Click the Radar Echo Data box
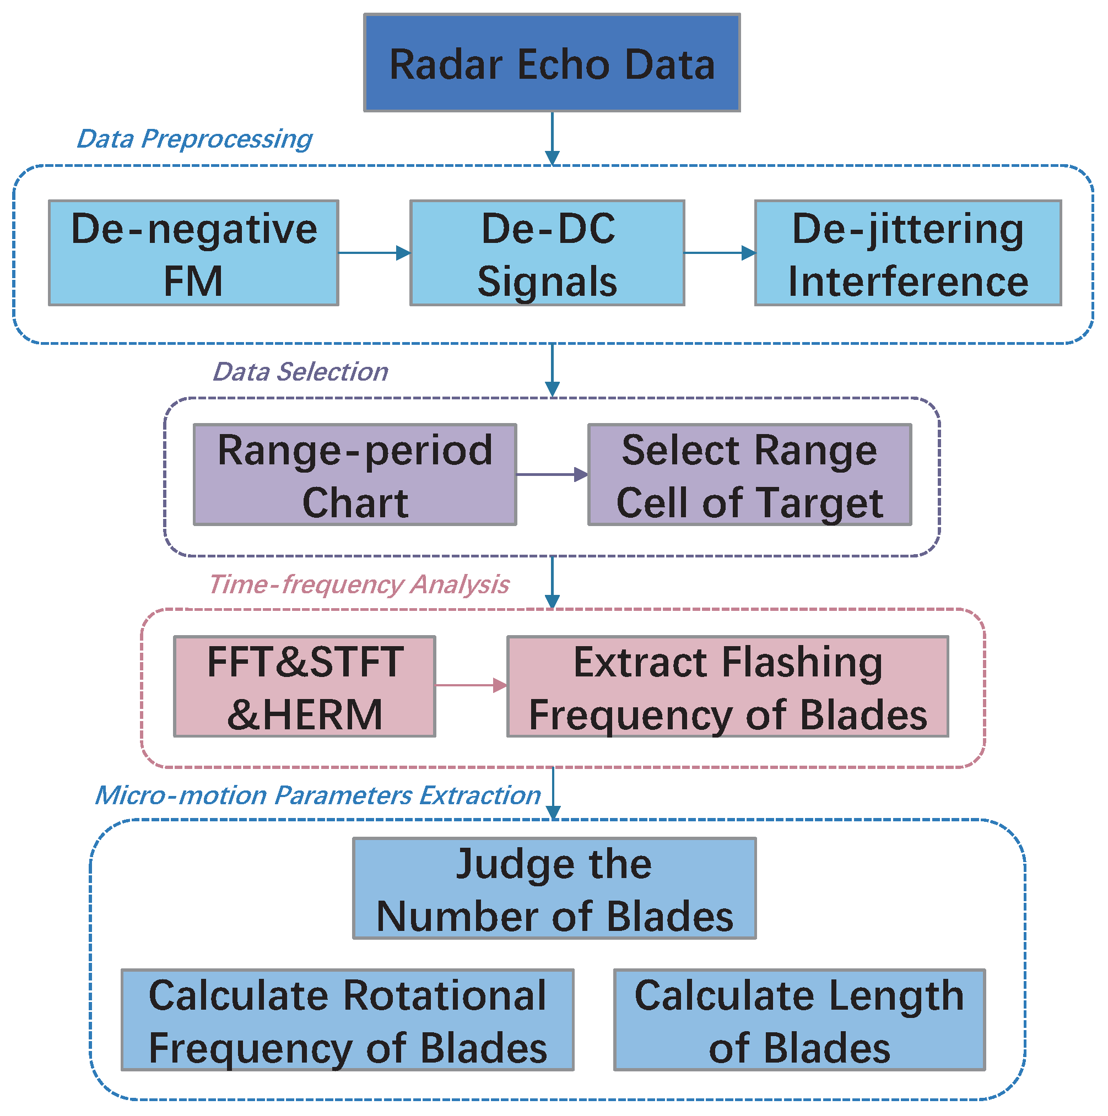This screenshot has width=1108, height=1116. tap(552, 62)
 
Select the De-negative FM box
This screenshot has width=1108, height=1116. tap(193, 252)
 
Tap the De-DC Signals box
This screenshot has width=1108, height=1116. tap(547, 252)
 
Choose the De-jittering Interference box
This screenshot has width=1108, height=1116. tap(907, 252)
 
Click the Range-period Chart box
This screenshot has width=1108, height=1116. tap(355, 475)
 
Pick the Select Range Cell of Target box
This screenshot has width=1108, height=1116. tap(749, 475)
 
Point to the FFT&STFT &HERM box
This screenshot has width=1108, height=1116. tap(305, 686)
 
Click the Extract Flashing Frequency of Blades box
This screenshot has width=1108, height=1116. tap(727, 686)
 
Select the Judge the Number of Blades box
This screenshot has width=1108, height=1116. tap(554, 889)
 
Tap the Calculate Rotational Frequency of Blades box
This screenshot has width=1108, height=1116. tap(347, 1020)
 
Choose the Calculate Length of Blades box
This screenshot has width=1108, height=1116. tap(799, 1020)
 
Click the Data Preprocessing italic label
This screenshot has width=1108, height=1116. tap(194, 139)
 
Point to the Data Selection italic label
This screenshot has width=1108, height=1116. tap(300, 372)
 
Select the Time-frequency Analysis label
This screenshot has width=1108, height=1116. tap(359, 584)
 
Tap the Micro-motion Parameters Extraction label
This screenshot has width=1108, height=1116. tap(318, 795)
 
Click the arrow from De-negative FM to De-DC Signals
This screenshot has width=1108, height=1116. tap(374, 252)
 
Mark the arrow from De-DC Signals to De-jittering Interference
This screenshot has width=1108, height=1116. tap(719, 252)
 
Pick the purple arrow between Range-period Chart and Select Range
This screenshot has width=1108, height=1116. tap(552, 475)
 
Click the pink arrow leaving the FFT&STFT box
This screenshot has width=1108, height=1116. tap(471, 686)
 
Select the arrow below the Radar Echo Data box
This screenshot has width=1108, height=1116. tap(552, 139)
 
